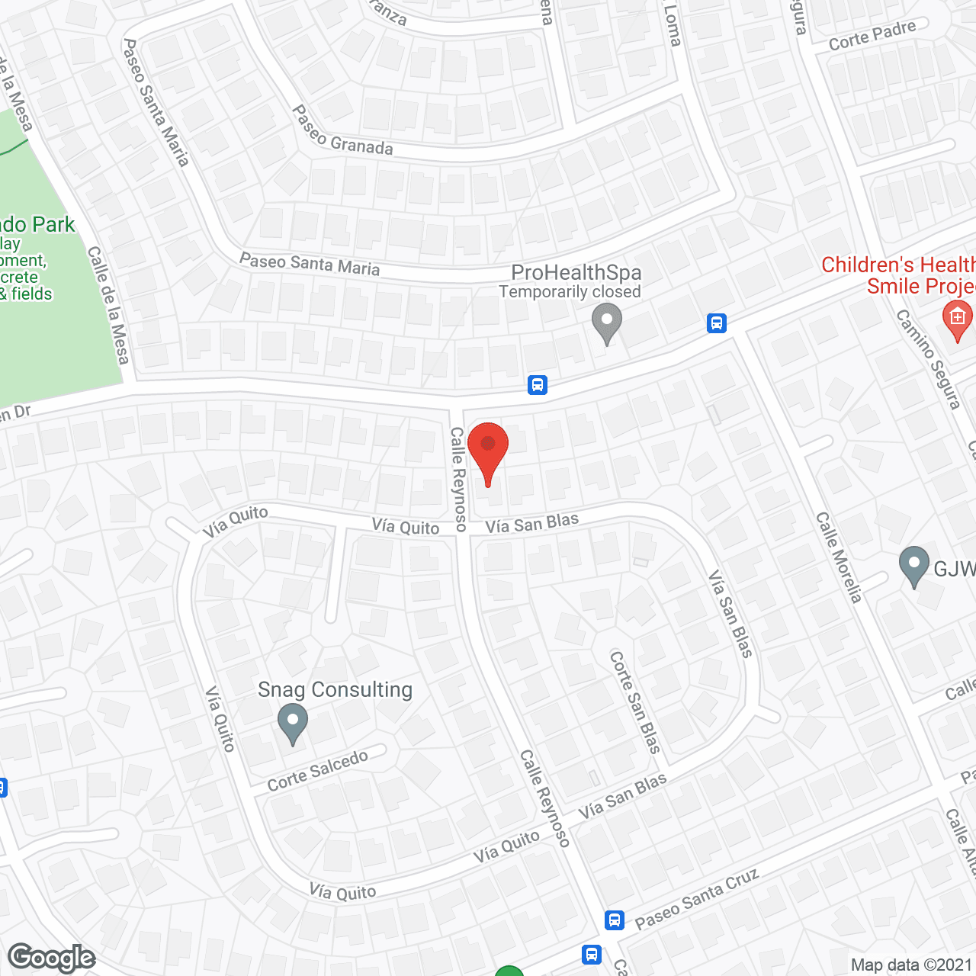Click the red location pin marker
click(x=487, y=450)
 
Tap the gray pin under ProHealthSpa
click(x=607, y=322)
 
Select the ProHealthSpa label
click(x=576, y=272)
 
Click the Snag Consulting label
click(x=335, y=689)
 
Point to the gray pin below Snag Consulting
click(x=292, y=723)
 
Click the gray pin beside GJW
click(x=913, y=566)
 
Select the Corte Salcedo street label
click(x=318, y=771)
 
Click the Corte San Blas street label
click(x=634, y=701)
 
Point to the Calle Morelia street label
click(x=839, y=557)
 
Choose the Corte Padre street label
click(x=872, y=36)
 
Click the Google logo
click(x=51, y=958)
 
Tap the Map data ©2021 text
click(x=911, y=965)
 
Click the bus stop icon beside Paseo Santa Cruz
click(x=615, y=920)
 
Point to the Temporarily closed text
click(x=570, y=292)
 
